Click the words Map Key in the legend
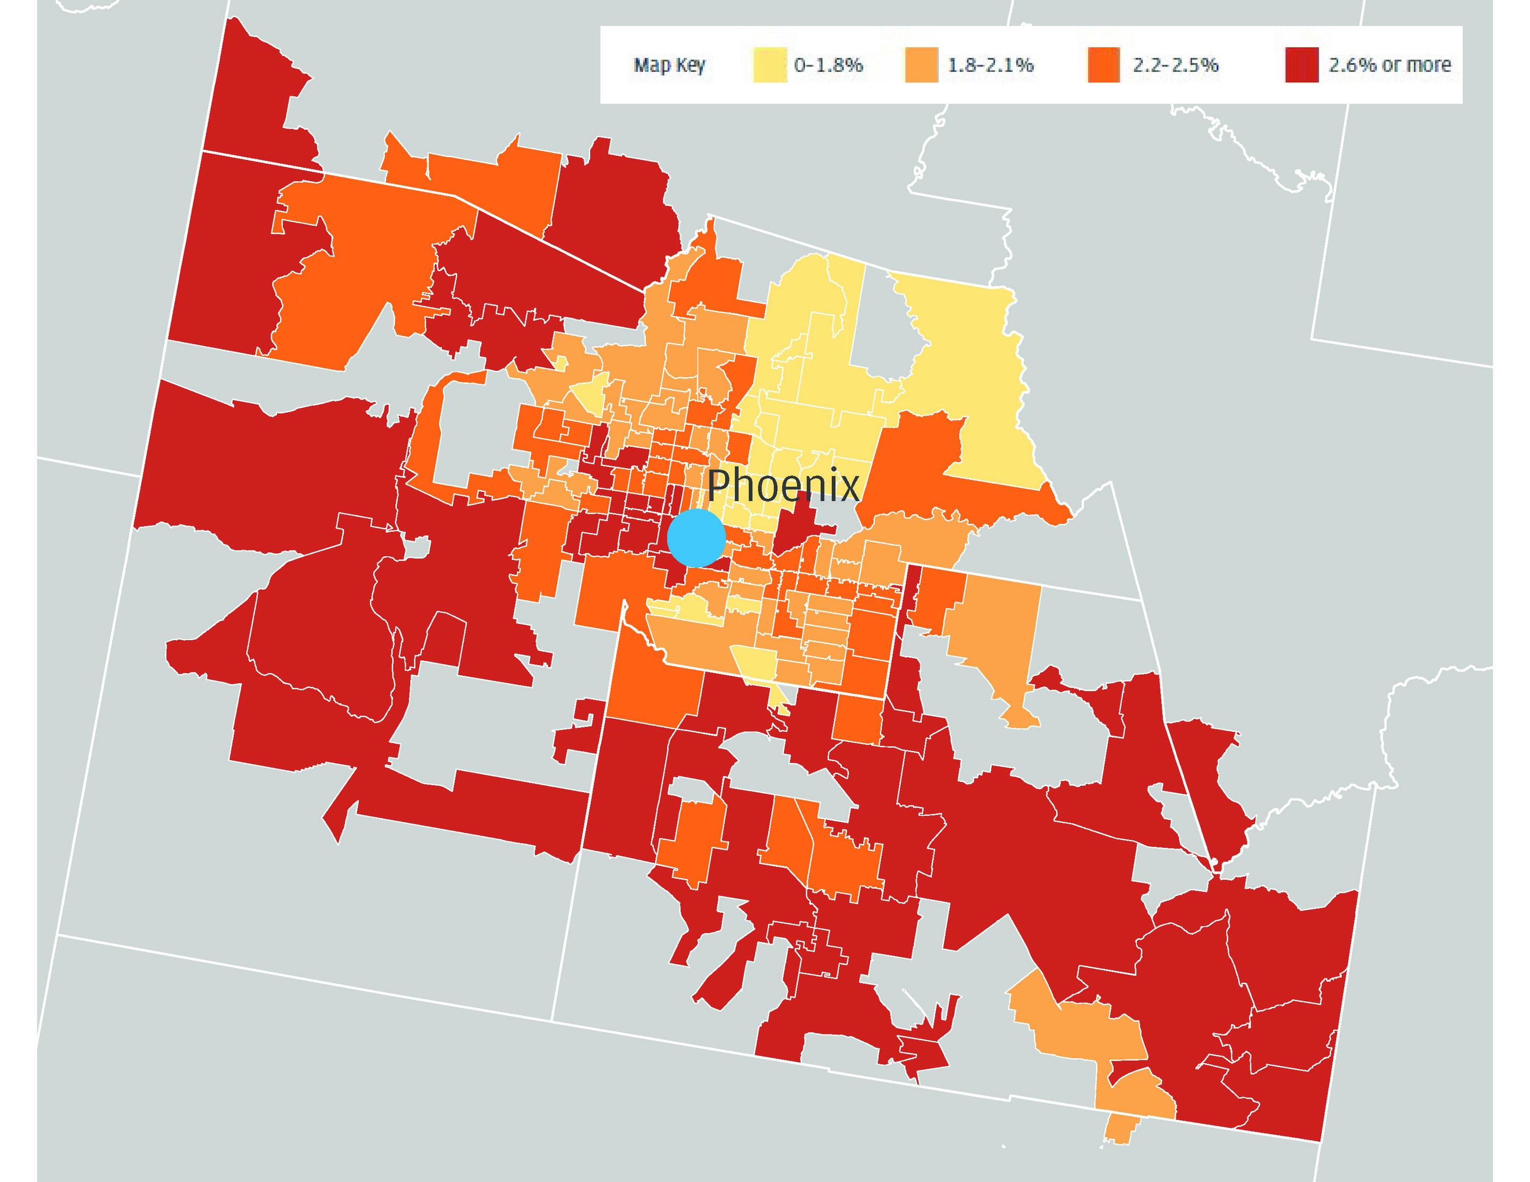click(669, 65)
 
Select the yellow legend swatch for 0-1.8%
click(769, 65)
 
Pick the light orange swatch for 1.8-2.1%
click(921, 65)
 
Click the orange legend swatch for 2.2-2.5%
click(1103, 65)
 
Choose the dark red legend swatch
click(1302, 65)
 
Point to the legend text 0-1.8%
click(828, 65)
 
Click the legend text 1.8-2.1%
click(990, 65)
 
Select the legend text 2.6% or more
click(1389, 65)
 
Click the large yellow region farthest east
click(974, 364)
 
